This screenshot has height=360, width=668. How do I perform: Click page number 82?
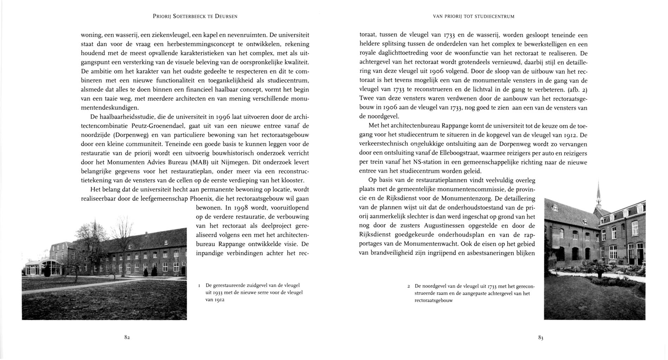coord(127,337)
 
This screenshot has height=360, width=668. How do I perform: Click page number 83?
coord(541,338)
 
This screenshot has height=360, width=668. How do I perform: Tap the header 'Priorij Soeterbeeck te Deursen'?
coord(195,17)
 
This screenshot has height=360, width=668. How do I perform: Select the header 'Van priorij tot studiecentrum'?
coord(473,17)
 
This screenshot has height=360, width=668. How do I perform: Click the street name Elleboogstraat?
coord(467,153)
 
